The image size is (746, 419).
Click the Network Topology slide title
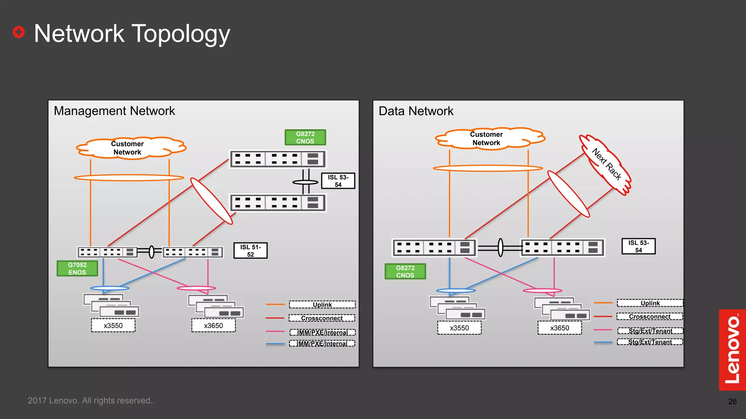(x=132, y=33)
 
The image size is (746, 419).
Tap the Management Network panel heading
(x=114, y=111)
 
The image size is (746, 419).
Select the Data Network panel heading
(x=416, y=111)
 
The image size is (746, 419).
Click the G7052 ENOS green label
(x=77, y=268)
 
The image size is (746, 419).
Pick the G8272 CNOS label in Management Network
(x=305, y=137)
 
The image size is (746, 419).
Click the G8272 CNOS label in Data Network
(x=405, y=271)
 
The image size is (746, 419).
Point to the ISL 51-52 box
(x=251, y=251)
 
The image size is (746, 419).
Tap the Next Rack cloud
(x=606, y=164)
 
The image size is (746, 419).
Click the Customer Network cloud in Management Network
(x=127, y=148)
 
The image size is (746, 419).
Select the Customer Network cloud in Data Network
(x=487, y=139)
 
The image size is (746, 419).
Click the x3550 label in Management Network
(x=113, y=326)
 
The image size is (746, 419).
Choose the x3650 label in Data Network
(x=559, y=328)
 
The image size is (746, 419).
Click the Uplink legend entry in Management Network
(x=322, y=304)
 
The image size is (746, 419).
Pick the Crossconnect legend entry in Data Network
(x=649, y=316)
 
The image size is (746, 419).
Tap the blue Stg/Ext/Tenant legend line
(x=603, y=342)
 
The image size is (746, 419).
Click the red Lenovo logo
(x=732, y=350)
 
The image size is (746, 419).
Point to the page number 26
(x=732, y=402)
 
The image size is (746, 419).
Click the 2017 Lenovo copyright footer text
(x=91, y=400)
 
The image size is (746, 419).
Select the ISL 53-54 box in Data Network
(x=638, y=246)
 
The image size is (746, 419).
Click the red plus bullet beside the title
(x=19, y=32)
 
